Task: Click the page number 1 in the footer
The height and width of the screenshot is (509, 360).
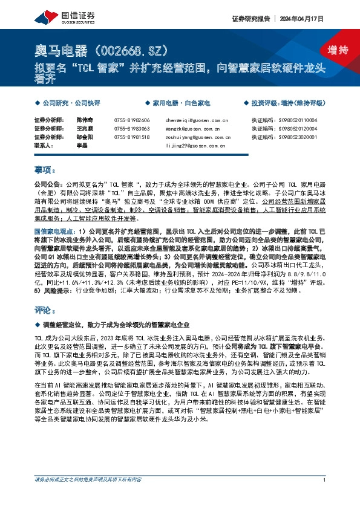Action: pos(325,496)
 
